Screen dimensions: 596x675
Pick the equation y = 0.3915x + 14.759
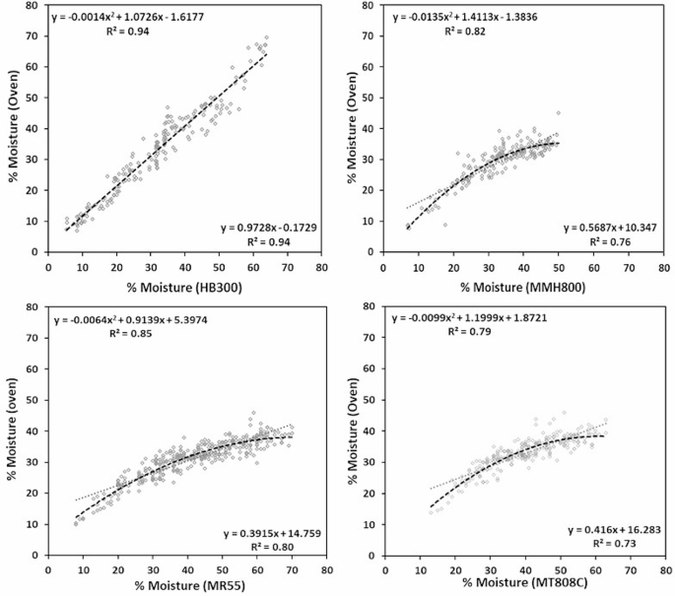point(264,531)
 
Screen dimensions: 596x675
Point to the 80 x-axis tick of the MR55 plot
point(322,569)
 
